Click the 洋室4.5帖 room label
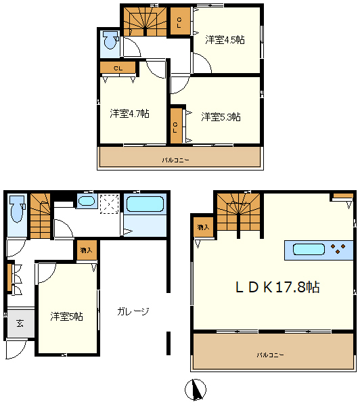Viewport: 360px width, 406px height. [x=225, y=40]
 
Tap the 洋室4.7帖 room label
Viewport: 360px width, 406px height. [x=129, y=114]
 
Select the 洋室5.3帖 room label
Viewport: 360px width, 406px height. [x=221, y=117]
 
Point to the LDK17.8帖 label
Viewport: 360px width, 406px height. [x=277, y=287]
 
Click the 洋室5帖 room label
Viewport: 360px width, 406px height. [x=66, y=317]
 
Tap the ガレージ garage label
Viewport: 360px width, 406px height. [x=133, y=311]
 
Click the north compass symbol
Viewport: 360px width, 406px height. [x=196, y=389]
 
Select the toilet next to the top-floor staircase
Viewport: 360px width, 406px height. [x=110, y=40]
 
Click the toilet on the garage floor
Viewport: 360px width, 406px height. [x=18, y=209]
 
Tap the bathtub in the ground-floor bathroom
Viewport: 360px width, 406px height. [x=145, y=204]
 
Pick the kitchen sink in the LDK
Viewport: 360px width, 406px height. [x=309, y=250]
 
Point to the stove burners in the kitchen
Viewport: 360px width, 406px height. [x=338, y=249]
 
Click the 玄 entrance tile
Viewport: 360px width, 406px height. [x=21, y=323]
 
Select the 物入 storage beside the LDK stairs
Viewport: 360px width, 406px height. [x=203, y=227]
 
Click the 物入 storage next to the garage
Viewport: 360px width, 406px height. [x=87, y=250]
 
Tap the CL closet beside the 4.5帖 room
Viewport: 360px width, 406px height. [x=179, y=22]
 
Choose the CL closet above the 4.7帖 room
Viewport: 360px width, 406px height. [x=118, y=68]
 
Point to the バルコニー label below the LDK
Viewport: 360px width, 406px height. [x=270, y=355]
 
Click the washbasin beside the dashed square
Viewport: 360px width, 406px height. [x=87, y=201]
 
